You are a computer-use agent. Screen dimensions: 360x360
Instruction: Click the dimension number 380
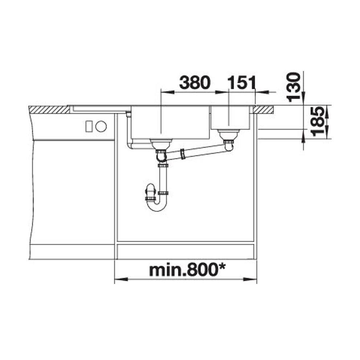(x=195, y=83)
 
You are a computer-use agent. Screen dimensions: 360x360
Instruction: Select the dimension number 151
(x=242, y=83)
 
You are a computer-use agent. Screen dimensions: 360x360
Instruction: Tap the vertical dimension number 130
(x=294, y=87)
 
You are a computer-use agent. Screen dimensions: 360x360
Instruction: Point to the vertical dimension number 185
(x=318, y=121)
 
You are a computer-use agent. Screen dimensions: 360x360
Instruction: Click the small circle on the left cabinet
(x=101, y=126)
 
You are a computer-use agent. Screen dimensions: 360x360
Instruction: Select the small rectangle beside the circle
(x=89, y=126)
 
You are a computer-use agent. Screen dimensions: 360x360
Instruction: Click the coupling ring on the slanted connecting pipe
(x=183, y=154)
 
